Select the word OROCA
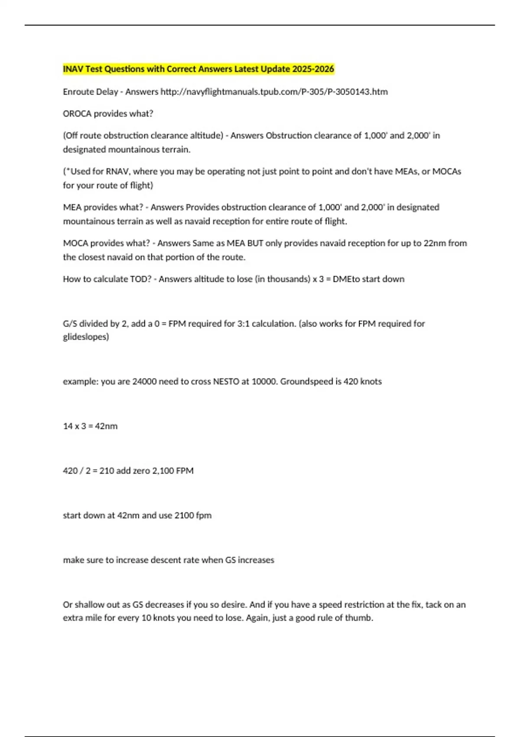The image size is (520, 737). tap(77, 114)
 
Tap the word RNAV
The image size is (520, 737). tap(118, 171)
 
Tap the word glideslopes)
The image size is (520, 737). tap(86, 337)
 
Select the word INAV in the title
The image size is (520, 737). tap(73, 69)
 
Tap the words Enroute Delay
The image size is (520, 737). tap(91, 91)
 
